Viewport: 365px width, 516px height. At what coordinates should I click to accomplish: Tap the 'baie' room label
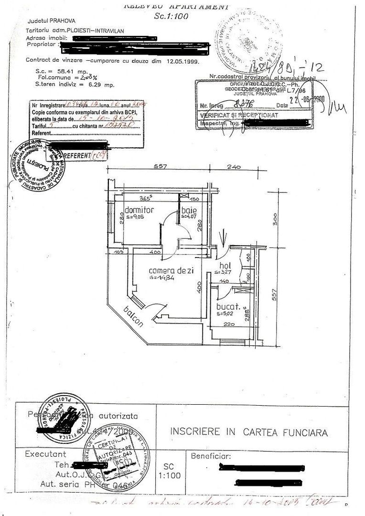pyautogui.click(x=186, y=210)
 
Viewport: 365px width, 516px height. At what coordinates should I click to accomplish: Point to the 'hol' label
pyautogui.click(x=225, y=266)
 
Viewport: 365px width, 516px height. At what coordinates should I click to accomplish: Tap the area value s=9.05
pyautogui.click(x=135, y=216)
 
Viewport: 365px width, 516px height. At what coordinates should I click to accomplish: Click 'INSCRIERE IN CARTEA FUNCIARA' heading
pyautogui.click(x=249, y=432)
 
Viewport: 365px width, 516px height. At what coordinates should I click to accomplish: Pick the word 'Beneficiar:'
pyautogui.click(x=211, y=456)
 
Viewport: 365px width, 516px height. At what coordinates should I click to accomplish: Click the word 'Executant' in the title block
pyautogui.click(x=46, y=454)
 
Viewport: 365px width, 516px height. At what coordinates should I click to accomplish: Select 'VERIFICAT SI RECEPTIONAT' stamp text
pyautogui.click(x=239, y=116)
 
